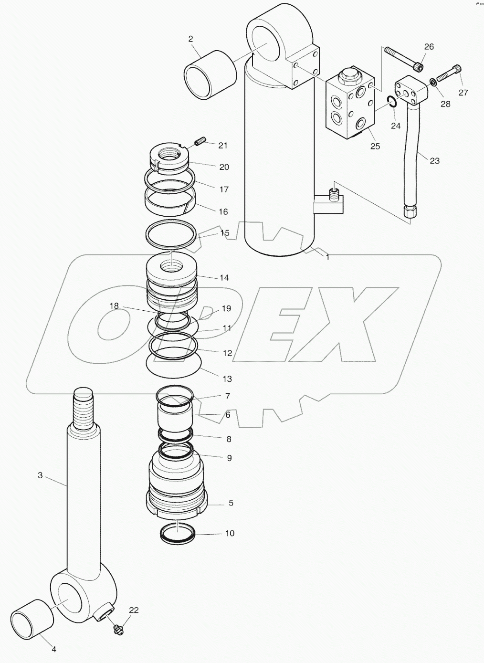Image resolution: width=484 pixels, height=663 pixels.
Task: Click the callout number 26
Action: click(429, 46)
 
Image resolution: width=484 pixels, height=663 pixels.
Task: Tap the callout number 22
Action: click(134, 610)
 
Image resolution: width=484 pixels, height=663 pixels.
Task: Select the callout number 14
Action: click(223, 277)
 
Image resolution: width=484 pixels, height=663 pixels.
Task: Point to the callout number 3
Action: click(41, 475)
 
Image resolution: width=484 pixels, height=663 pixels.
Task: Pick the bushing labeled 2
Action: click(210, 75)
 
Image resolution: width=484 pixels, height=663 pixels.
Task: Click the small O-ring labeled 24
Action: click(391, 101)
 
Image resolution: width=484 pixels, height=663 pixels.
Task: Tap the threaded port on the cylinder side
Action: click(334, 194)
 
